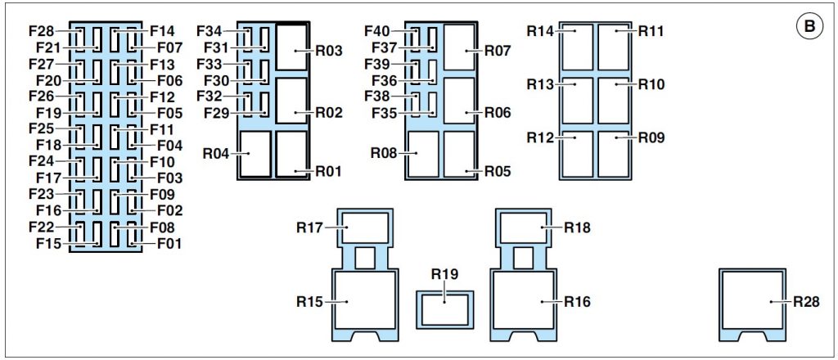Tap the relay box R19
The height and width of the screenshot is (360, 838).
(444, 310)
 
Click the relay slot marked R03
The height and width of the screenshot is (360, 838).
(292, 47)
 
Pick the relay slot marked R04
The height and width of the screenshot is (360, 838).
(255, 154)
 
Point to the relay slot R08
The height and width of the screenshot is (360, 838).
(423, 154)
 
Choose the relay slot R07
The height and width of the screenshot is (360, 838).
(459, 47)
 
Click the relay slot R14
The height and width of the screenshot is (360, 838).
(578, 47)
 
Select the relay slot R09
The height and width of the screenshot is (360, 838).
(614, 154)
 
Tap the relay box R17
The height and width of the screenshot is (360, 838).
(365, 227)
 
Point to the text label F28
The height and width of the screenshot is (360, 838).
(42, 31)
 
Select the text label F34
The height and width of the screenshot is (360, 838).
(209, 31)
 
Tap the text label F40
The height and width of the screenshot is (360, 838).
(377, 31)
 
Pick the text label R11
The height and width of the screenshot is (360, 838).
(651, 31)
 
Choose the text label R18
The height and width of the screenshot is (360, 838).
(578, 227)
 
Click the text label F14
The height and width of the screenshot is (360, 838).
(162, 31)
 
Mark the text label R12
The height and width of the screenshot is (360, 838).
(540, 137)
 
